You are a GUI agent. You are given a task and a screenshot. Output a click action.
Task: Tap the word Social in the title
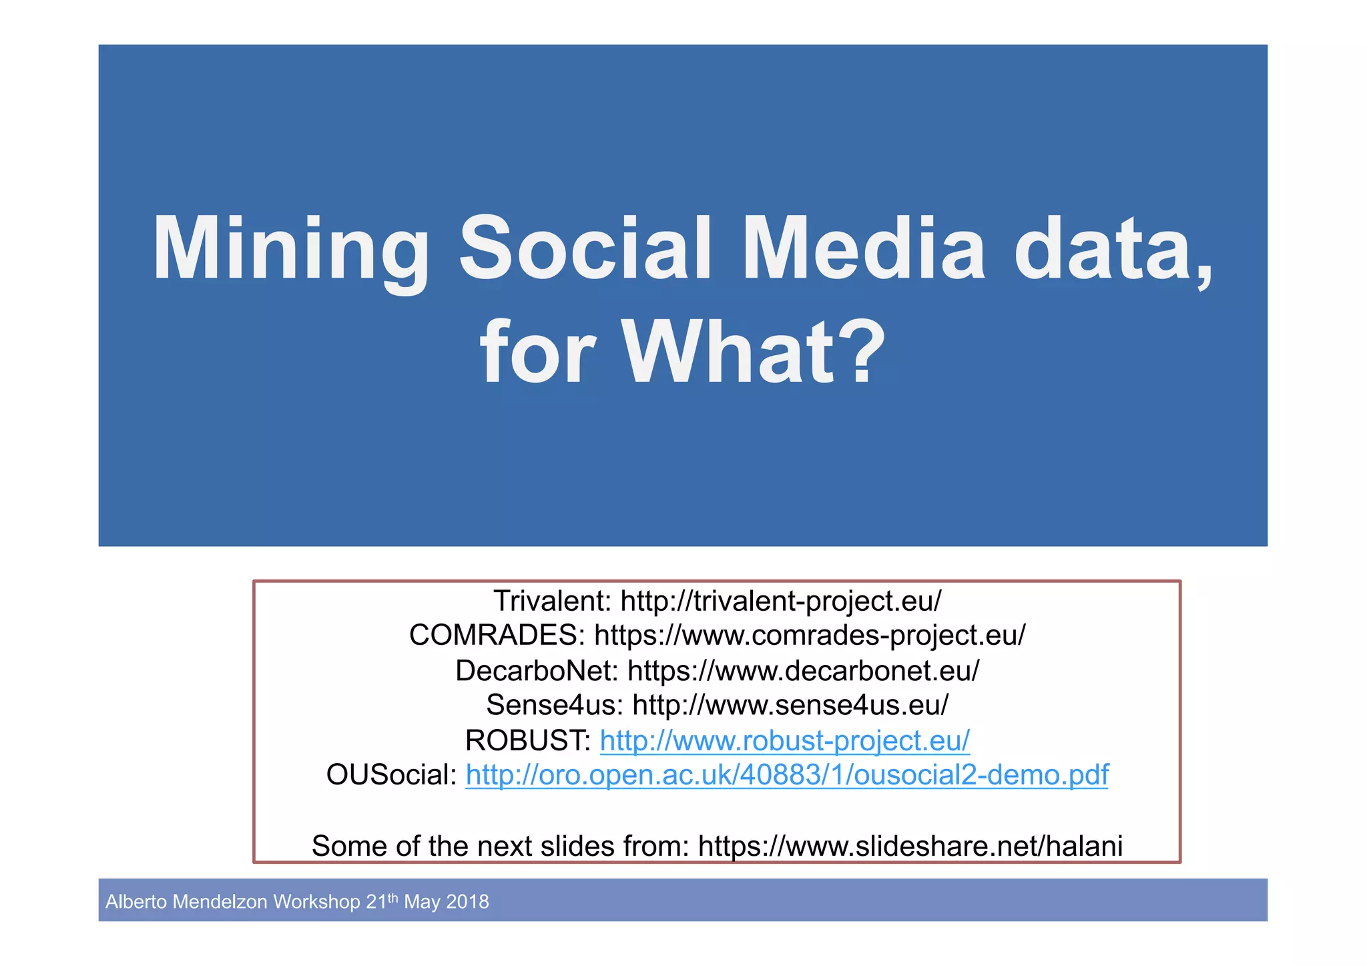(x=585, y=248)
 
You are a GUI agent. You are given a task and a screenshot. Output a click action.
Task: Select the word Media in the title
(x=863, y=248)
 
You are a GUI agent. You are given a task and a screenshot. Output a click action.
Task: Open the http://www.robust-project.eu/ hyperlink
(x=784, y=740)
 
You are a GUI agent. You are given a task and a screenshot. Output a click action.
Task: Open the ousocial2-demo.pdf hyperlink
(x=786, y=775)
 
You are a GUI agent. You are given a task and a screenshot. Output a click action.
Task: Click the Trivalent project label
(x=552, y=601)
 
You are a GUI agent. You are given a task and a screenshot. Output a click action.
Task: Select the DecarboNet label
(x=537, y=670)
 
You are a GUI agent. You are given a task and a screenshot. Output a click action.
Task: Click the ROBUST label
(x=527, y=740)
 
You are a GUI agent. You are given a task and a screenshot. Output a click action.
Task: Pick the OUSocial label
(x=391, y=775)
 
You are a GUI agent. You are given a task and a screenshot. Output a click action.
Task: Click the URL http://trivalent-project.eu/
(x=780, y=601)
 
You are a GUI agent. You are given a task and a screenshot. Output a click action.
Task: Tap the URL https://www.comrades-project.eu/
(x=810, y=635)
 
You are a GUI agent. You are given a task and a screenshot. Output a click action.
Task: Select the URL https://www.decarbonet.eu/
(x=803, y=670)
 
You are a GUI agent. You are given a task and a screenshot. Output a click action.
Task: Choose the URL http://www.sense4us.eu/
(x=790, y=705)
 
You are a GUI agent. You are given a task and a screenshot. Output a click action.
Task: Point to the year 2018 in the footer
(x=467, y=902)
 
